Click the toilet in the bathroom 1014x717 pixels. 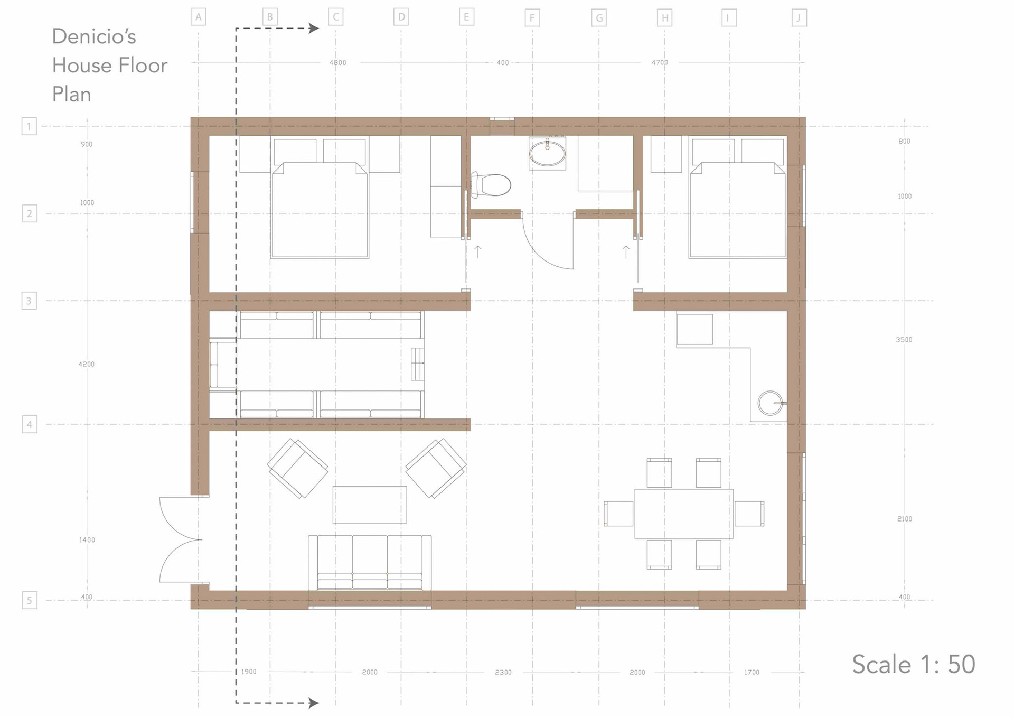click(491, 185)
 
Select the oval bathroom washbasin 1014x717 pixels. click(547, 153)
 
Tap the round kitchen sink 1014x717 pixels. click(771, 403)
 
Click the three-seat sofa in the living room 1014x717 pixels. click(370, 563)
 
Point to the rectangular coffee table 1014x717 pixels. click(370, 505)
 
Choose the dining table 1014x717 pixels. click(684, 514)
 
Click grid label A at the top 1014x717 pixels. click(198, 17)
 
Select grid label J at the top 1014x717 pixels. click(799, 18)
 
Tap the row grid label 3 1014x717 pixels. click(29, 301)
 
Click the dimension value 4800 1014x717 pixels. click(338, 62)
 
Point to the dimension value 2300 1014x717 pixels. click(503, 672)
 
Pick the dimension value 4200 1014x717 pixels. click(87, 364)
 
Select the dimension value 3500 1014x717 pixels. click(904, 340)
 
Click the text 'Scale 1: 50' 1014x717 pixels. click(914, 664)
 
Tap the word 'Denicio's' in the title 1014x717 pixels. click(94, 36)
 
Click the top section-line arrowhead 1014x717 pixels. click(314, 28)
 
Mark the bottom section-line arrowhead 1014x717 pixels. click(314, 703)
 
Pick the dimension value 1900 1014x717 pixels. click(249, 672)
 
